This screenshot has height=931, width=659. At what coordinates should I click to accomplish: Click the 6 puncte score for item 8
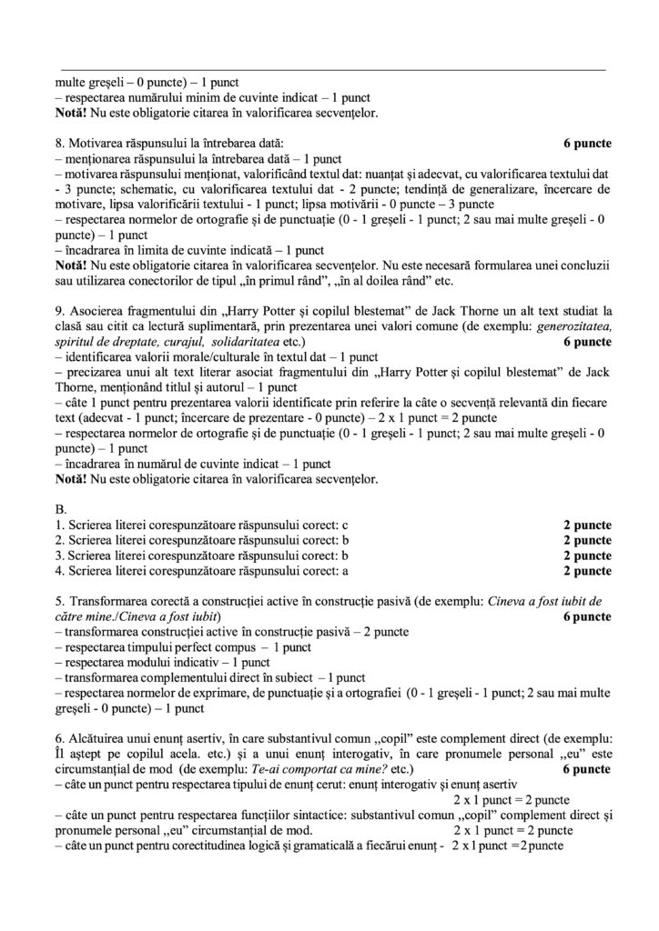click(x=588, y=144)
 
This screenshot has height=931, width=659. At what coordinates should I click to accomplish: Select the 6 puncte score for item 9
click(x=588, y=342)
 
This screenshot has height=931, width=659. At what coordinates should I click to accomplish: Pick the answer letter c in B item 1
click(x=346, y=526)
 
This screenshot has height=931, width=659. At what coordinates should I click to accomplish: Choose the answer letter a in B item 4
click(x=346, y=571)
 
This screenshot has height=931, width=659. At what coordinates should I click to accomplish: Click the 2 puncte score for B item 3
click(x=588, y=556)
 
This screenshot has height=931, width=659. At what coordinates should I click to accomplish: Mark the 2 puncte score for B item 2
click(x=588, y=541)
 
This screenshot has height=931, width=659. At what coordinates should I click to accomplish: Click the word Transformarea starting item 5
click(x=106, y=602)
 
